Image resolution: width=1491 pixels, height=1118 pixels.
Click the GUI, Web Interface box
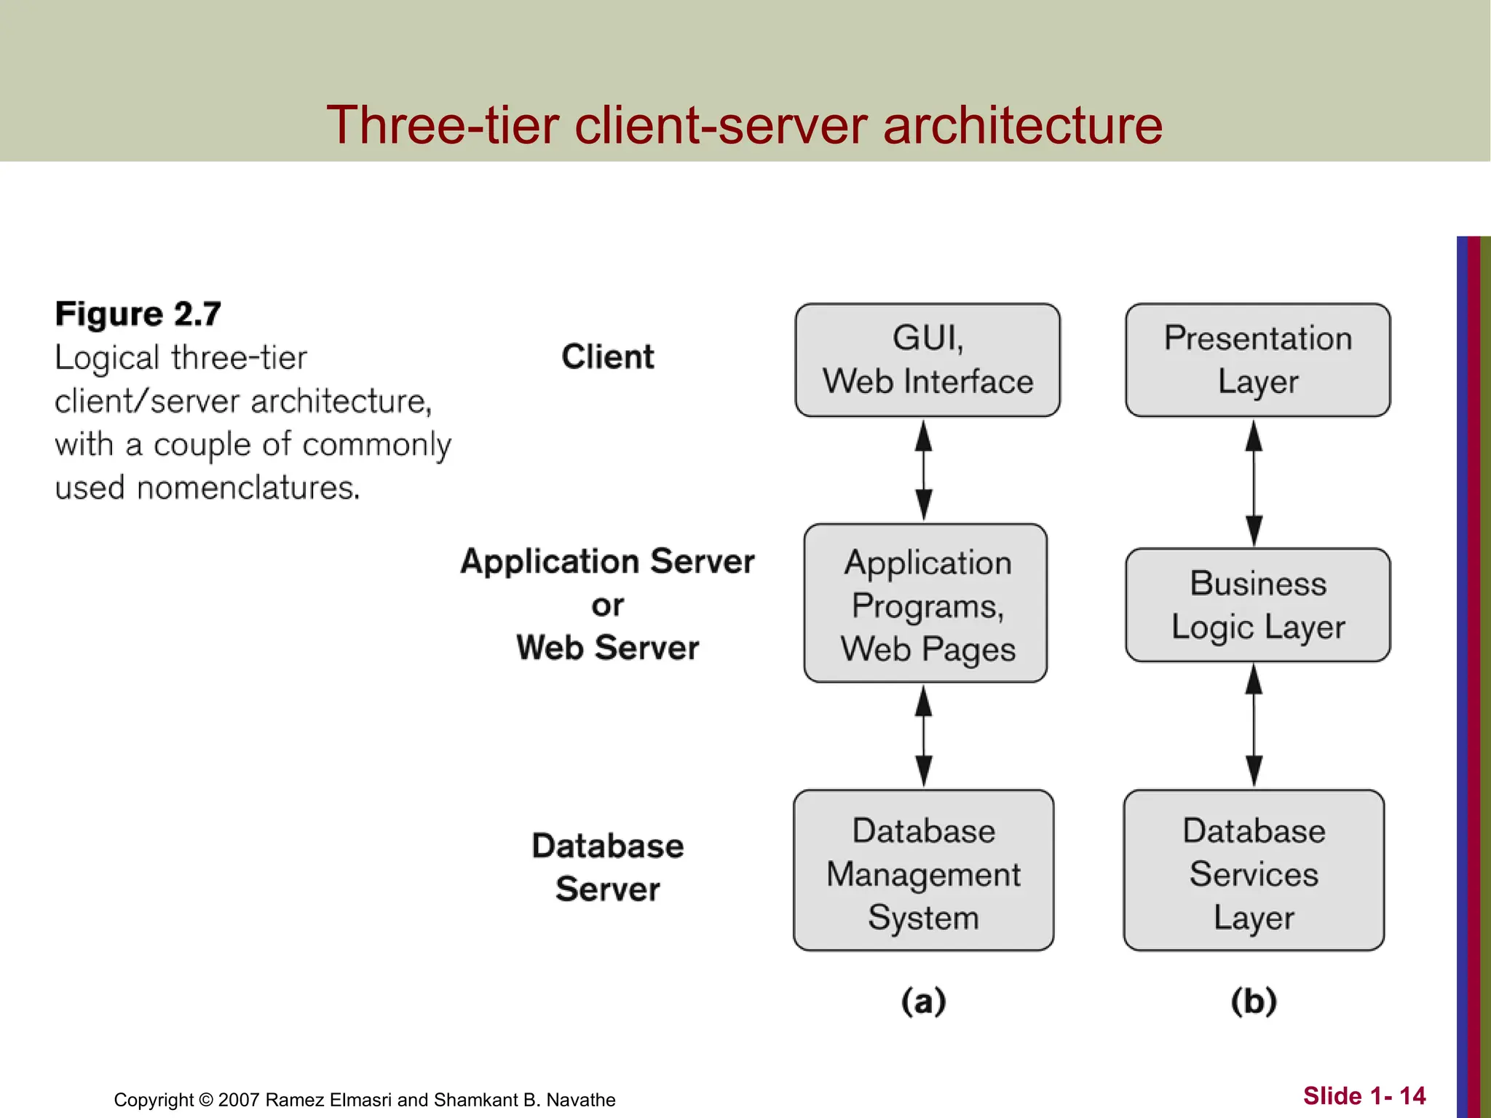(928, 360)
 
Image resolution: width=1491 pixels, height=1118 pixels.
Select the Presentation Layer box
(1257, 360)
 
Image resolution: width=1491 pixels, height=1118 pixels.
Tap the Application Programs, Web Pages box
(925, 603)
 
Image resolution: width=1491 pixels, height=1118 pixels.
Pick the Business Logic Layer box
(1257, 605)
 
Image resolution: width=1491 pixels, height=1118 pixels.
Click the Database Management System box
(923, 871)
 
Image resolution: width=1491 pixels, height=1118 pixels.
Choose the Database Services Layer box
(1253, 871)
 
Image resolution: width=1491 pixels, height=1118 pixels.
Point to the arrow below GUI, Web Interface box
(924, 470)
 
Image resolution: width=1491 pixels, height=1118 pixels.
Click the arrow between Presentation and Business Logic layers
(1254, 483)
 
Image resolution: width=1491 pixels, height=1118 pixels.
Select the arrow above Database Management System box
(924, 736)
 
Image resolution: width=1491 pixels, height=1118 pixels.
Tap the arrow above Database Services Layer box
(1254, 726)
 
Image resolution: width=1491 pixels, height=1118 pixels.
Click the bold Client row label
(607, 357)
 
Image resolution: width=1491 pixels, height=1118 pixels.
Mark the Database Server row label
(607, 868)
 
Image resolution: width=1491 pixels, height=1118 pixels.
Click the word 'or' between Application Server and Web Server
(607, 606)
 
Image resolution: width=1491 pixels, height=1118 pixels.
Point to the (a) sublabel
(923, 1002)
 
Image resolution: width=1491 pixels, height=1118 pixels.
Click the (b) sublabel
(1254, 1002)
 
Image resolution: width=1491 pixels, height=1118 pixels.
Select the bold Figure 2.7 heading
(138, 314)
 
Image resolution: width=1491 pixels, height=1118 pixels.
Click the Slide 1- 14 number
(1364, 1096)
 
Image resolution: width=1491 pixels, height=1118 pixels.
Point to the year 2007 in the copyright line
(238, 1100)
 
